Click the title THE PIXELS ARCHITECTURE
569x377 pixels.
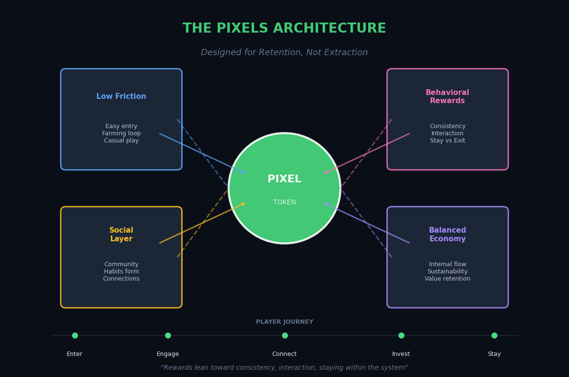[284, 29]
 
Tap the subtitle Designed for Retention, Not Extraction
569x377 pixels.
[284, 53]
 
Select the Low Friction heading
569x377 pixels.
[121, 96]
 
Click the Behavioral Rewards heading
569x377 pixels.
[447, 97]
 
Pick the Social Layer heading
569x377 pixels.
[121, 235]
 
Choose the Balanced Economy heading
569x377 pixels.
[447, 235]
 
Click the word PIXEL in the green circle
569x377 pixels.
[284, 179]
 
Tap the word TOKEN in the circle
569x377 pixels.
[284, 202]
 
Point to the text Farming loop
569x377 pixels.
[121, 133]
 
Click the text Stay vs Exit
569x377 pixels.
[447, 141]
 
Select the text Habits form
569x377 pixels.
[121, 271]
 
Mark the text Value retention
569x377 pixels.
[447, 279]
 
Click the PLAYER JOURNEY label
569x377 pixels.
[284, 322]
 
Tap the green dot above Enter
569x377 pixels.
[75, 335]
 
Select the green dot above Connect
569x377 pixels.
[285, 335]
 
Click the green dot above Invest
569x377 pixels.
[401, 335]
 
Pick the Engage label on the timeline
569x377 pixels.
[168, 354]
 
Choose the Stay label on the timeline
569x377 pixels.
[494, 354]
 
